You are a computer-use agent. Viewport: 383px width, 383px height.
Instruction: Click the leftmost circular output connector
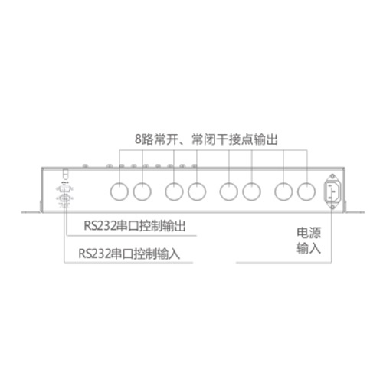[119, 191]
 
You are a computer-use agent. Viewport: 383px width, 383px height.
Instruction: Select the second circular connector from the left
[142, 191]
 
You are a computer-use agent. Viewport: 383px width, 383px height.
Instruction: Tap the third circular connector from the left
[174, 191]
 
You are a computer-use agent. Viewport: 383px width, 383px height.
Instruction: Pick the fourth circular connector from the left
[197, 191]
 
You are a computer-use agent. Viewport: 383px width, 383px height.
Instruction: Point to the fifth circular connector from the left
[229, 191]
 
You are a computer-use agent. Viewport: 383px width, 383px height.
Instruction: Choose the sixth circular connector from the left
[252, 191]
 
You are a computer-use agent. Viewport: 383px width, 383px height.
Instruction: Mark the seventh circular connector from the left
[283, 191]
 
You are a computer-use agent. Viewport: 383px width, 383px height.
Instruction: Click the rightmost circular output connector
[306, 191]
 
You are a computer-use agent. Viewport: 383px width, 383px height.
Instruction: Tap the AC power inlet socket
[332, 191]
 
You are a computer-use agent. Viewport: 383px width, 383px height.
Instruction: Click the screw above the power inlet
[332, 176]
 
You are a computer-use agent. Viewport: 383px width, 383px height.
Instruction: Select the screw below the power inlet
[332, 207]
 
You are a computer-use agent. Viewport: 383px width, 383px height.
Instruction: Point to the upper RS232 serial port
[64, 189]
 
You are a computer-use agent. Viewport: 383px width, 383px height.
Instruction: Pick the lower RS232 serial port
[64, 198]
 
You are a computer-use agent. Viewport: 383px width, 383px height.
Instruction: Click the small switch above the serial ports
[66, 174]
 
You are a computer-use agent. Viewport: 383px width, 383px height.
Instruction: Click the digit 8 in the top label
[138, 139]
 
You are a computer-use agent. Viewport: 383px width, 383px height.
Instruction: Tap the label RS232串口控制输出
[135, 226]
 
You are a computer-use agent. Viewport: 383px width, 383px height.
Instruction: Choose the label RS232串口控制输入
[129, 254]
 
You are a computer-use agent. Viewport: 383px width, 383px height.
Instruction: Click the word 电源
[309, 233]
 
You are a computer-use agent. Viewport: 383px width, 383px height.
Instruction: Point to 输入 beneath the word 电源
[309, 248]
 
